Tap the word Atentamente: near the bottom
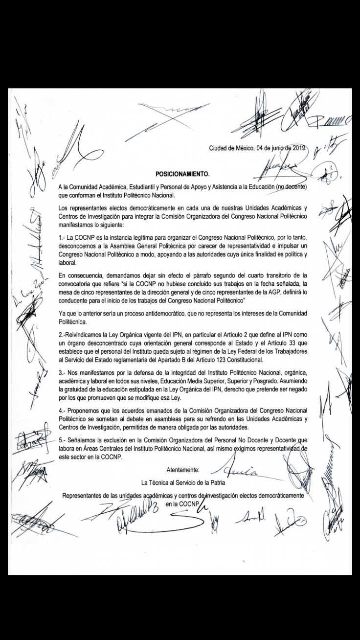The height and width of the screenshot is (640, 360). coord(183,471)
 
